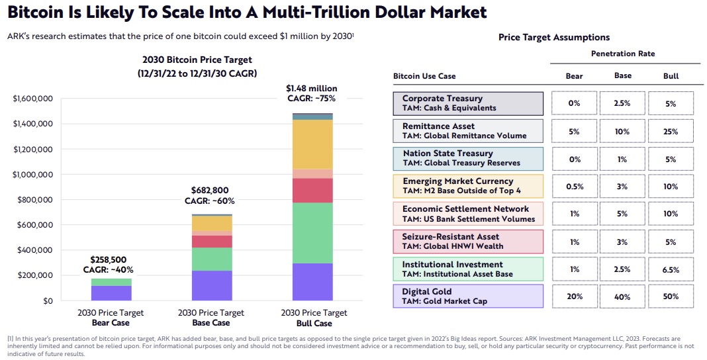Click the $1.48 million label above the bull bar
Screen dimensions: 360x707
311,88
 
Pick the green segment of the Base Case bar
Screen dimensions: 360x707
212,259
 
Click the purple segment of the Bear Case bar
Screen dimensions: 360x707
111,292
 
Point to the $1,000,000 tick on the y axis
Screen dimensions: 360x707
33,175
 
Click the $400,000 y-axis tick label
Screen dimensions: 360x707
33,250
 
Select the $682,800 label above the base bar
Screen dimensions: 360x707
210,191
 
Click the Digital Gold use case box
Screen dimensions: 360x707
468,296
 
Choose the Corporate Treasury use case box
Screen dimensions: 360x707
468,103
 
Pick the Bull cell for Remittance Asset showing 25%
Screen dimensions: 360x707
671,131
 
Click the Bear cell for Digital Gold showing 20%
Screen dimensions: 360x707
574,296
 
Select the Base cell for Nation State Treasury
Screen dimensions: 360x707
622,159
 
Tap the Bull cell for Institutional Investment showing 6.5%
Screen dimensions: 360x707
671,269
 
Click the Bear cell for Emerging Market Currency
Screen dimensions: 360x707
574,187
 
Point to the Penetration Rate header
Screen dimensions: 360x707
622,54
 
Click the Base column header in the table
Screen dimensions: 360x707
622,75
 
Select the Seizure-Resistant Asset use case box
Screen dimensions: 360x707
468,242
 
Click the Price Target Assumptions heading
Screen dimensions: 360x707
554,37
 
